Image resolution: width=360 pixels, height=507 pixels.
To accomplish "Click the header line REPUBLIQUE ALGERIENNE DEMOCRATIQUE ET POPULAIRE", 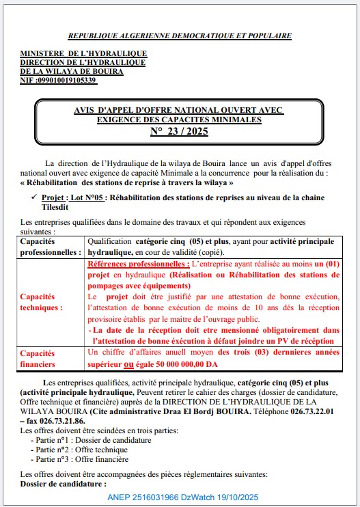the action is click(180, 36).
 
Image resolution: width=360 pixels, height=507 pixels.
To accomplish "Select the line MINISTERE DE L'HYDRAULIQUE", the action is click(83, 53).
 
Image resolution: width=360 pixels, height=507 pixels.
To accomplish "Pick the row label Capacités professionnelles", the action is click(51, 247).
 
